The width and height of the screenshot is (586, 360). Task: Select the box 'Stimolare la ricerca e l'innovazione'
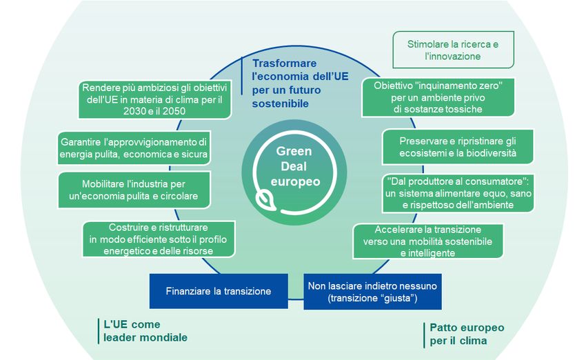pyautogui.click(x=454, y=50)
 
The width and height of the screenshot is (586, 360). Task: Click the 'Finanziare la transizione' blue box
pyautogui.click(x=219, y=291)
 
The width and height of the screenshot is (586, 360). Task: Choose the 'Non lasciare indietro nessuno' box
pyautogui.click(x=373, y=291)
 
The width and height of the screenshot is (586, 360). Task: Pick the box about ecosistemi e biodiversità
pyautogui.click(x=457, y=146)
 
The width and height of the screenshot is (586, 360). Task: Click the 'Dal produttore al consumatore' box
pyautogui.click(x=457, y=193)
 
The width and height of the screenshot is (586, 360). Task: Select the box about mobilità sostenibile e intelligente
pyautogui.click(x=427, y=241)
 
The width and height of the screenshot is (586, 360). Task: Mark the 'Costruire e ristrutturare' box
pyautogui.click(x=158, y=239)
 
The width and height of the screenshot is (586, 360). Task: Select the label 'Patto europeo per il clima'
pyautogui.click(x=467, y=334)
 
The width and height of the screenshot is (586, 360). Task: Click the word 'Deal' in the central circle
pyautogui.click(x=294, y=166)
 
